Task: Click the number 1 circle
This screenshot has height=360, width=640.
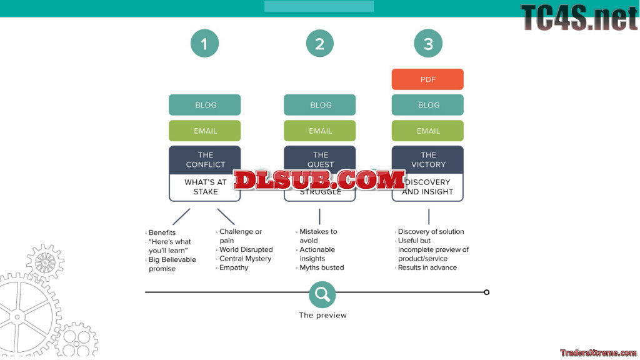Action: pos(204,44)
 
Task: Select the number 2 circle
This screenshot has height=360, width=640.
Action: pos(319,44)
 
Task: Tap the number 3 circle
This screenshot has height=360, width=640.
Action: pos(428,44)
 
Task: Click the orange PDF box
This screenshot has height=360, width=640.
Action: pos(427,79)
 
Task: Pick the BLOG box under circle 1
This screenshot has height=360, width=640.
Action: pos(205,105)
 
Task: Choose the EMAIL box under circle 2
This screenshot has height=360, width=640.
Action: pos(320,131)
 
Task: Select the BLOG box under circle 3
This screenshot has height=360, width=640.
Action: pos(427,105)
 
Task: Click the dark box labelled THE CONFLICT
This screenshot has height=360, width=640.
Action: pos(205,159)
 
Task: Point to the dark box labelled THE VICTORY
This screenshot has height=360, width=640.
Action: pos(427,159)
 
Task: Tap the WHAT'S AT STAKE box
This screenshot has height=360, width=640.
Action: pos(205,187)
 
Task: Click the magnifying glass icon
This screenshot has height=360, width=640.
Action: pos(322,294)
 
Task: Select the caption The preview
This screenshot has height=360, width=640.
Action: pos(322,316)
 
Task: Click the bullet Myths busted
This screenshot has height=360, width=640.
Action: pos(321,267)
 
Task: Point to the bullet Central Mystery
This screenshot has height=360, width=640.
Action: pos(245,259)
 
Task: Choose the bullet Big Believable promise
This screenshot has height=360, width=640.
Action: pos(172,264)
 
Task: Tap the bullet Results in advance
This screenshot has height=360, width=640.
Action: pos(427,267)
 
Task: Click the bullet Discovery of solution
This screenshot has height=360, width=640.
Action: pos(431,231)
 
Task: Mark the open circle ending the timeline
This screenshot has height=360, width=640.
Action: pos(487,292)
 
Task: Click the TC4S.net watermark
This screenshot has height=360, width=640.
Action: pos(579,17)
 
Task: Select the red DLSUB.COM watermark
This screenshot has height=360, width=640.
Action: pos(319,180)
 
